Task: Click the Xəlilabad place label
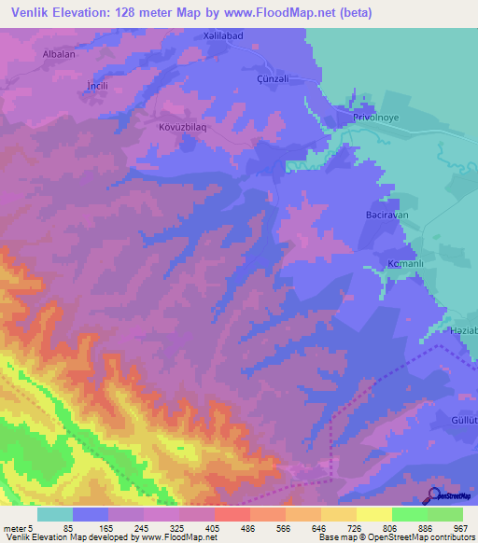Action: (224, 36)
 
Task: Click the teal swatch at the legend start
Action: (55, 514)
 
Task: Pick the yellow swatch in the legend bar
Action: (373, 514)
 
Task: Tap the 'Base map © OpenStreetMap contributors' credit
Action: (395, 538)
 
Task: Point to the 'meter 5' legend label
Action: (18, 527)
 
